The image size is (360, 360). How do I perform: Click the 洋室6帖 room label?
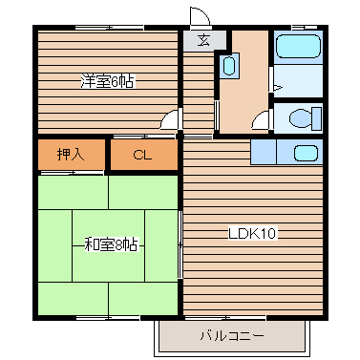click(x=106, y=81)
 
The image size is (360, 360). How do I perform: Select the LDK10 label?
click(x=252, y=232)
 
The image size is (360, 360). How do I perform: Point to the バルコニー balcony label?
click(x=231, y=335)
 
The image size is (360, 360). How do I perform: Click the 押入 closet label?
click(x=70, y=154)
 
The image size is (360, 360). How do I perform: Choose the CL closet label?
click(x=142, y=154)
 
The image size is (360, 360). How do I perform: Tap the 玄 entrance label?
click(x=204, y=40)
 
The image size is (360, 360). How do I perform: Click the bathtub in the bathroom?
click(x=297, y=48)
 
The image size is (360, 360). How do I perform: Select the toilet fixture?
click(x=302, y=120)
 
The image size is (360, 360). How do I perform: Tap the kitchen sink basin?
click(x=306, y=153)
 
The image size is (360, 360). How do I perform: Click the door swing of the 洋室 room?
click(x=170, y=118)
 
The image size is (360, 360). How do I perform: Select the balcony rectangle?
click(x=232, y=335)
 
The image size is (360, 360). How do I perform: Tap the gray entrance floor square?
click(x=204, y=40)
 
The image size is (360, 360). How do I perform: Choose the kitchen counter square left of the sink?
click(x=264, y=153)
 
